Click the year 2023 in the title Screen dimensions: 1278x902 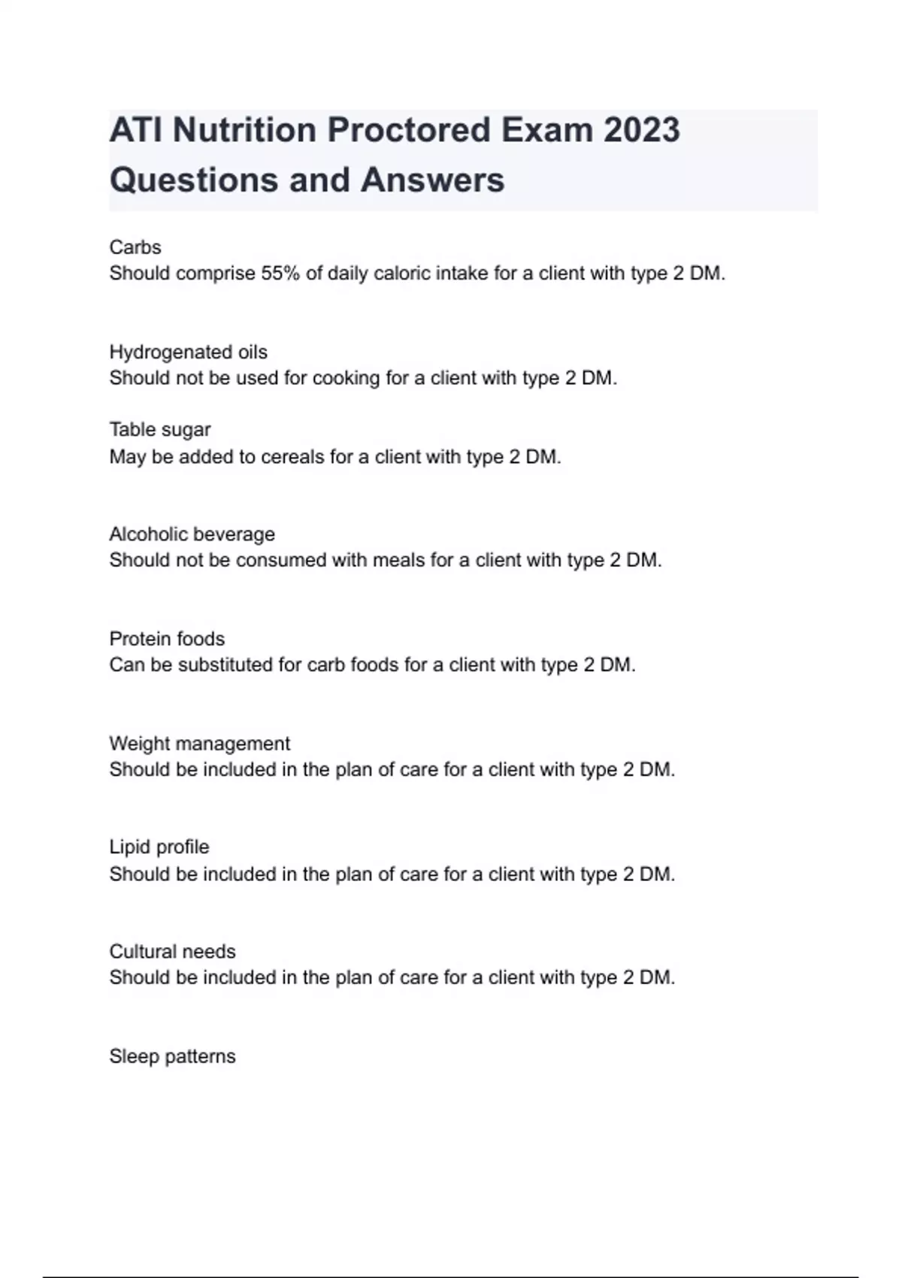(x=641, y=130)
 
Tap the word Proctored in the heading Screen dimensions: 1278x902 (x=407, y=130)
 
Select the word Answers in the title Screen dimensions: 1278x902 (x=432, y=180)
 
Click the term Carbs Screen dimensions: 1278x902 (x=135, y=247)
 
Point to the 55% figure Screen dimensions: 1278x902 (x=280, y=274)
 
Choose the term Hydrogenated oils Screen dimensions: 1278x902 (x=188, y=352)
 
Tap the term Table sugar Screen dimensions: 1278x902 (x=159, y=430)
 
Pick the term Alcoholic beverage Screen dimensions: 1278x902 (x=192, y=535)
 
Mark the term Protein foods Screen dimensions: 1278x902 (x=167, y=639)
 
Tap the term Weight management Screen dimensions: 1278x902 (x=199, y=743)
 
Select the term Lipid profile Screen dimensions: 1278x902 (x=159, y=847)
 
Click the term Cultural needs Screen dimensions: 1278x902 (x=172, y=952)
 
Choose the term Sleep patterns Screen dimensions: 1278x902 (x=172, y=1056)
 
